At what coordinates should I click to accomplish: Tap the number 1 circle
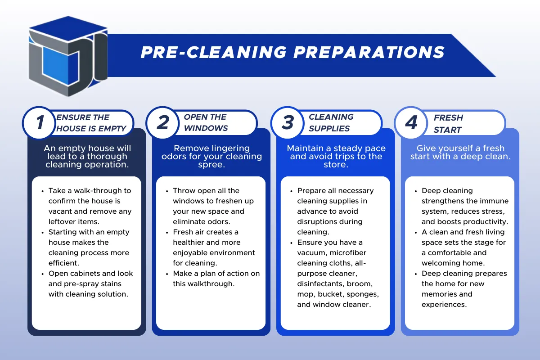(x=40, y=123)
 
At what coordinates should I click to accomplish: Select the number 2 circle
(x=163, y=123)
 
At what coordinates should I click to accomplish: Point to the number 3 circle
(x=288, y=123)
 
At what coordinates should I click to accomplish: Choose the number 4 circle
(x=411, y=123)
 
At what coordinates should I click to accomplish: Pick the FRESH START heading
(x=448, y=123)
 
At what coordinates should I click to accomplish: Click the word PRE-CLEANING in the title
(x=214, y=52)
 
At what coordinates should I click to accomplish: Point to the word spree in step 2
(x=211, y=165)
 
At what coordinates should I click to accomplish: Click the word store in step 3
(x=336, y=165)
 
